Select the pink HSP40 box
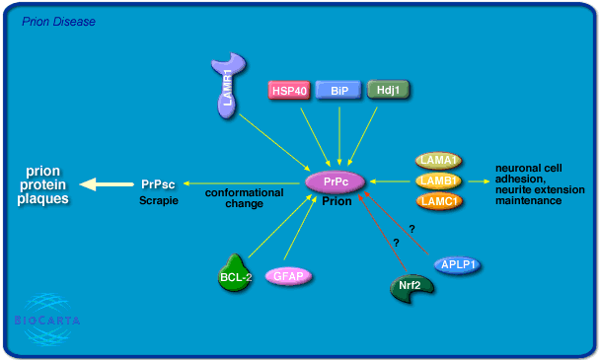click(x=289, y=90)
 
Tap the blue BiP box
click(x=338, y=90)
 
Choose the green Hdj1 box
click(x=388, y=90)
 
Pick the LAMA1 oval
click(x=439, y=161)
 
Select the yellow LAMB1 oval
click(x=439, y=181)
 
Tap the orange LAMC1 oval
click(x=439, y=201)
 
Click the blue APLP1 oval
click(x=461, y=263)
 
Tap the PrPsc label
click(x=158, y=183)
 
